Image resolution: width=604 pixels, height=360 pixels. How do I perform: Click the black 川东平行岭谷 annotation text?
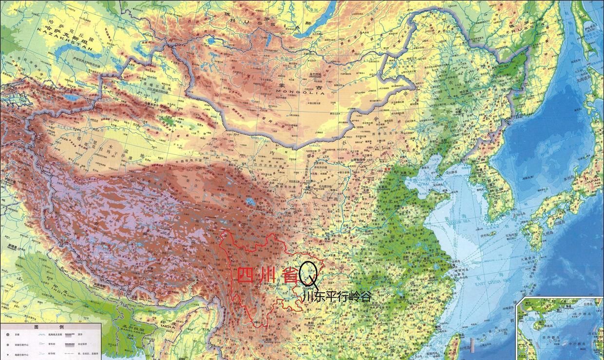[x=336, y=296]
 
